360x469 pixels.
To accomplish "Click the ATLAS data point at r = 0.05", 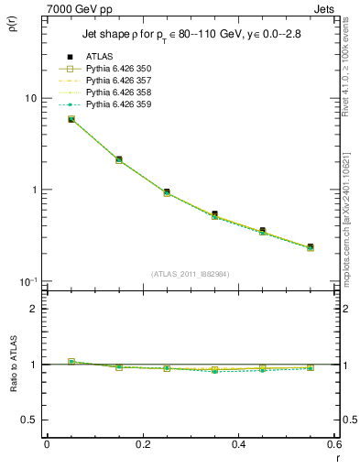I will [x=71, y=119].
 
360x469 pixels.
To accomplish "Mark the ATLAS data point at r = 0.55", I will [x=311, y=246].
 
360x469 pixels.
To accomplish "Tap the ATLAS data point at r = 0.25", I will [x=167, y=192].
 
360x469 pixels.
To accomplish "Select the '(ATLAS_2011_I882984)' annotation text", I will [x=191, y=274].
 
